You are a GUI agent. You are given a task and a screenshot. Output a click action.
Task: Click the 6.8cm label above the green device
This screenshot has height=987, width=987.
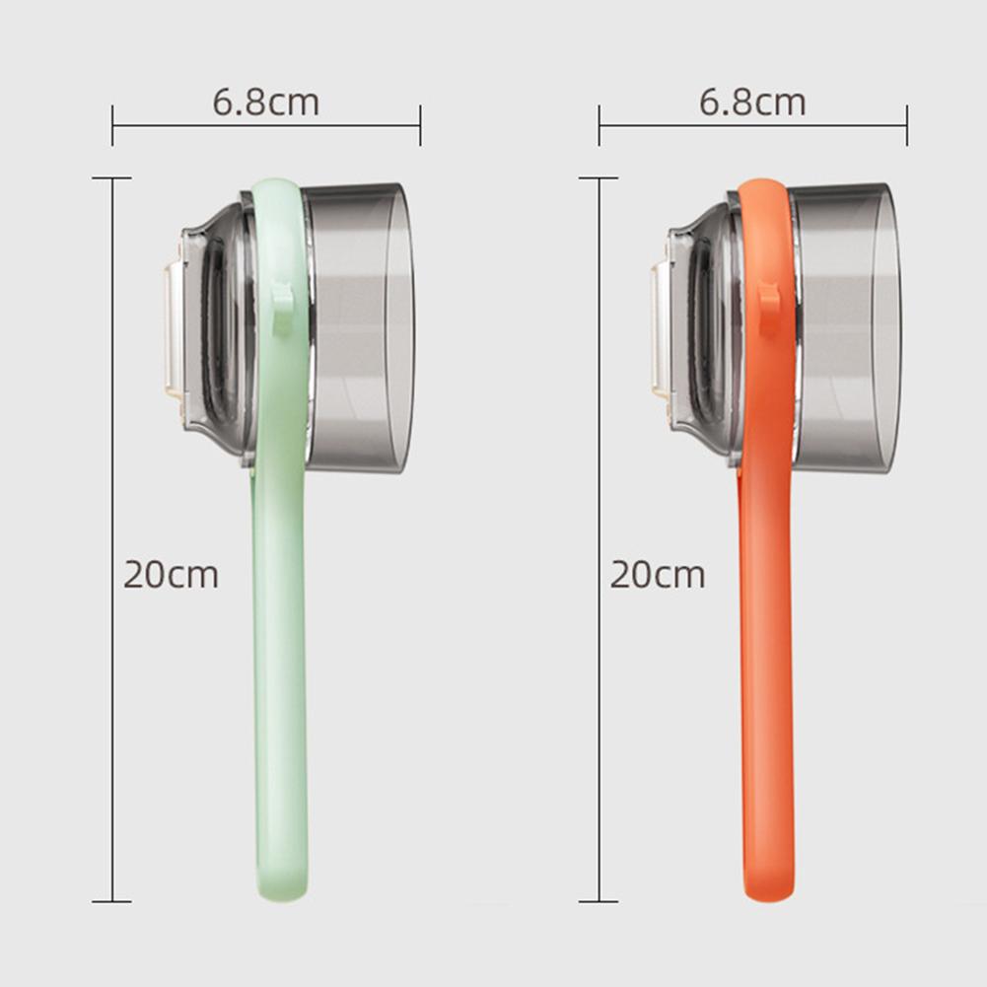tap(266, 103)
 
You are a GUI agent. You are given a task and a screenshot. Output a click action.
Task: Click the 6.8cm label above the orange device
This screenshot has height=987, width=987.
tap(752, 103)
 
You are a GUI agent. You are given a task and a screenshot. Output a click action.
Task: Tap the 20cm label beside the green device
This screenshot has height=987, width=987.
tap(171, 574)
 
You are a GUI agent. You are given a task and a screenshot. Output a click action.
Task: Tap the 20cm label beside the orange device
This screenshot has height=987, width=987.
tap(658, 574)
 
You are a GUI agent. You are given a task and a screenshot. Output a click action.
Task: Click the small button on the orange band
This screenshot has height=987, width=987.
tap(769, 307)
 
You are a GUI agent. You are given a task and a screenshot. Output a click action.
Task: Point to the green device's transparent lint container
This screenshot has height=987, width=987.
tap(360, 325)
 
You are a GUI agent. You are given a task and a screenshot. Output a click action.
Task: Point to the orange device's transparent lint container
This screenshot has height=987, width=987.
tap(846, 325)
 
